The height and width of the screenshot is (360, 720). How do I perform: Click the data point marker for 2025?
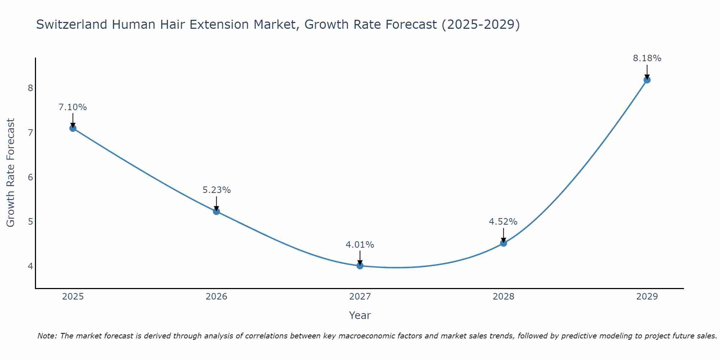coord(73,128)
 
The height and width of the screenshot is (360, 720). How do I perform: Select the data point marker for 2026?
coord(216,211)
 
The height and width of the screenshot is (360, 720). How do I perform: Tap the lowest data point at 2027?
coord(360,266)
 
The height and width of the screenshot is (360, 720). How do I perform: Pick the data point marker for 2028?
coord(503,243)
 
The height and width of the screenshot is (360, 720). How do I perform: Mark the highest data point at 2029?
coord(647,80)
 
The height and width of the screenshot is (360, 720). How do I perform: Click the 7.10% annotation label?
coord(73,107)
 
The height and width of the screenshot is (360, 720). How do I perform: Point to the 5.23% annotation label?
coord(216,190)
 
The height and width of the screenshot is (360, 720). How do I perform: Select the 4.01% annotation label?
coord(360,245)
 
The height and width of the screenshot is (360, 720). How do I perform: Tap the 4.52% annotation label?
coord(503,222)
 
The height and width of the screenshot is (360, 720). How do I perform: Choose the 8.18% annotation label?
coord(647,58)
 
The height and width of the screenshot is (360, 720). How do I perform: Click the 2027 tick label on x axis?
coord(360,297)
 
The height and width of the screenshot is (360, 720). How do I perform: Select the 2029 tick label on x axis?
coord(647,297)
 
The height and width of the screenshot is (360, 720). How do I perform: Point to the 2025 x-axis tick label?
coord(73,297)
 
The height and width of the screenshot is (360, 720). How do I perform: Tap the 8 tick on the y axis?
coord(30,88)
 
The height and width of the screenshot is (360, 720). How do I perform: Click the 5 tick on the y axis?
coord(30,221)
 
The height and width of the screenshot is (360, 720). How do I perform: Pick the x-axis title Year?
coord(360,315)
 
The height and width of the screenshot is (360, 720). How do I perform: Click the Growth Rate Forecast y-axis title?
coord(11,173)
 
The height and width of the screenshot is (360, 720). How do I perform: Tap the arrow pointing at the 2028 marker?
coord(503,235)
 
